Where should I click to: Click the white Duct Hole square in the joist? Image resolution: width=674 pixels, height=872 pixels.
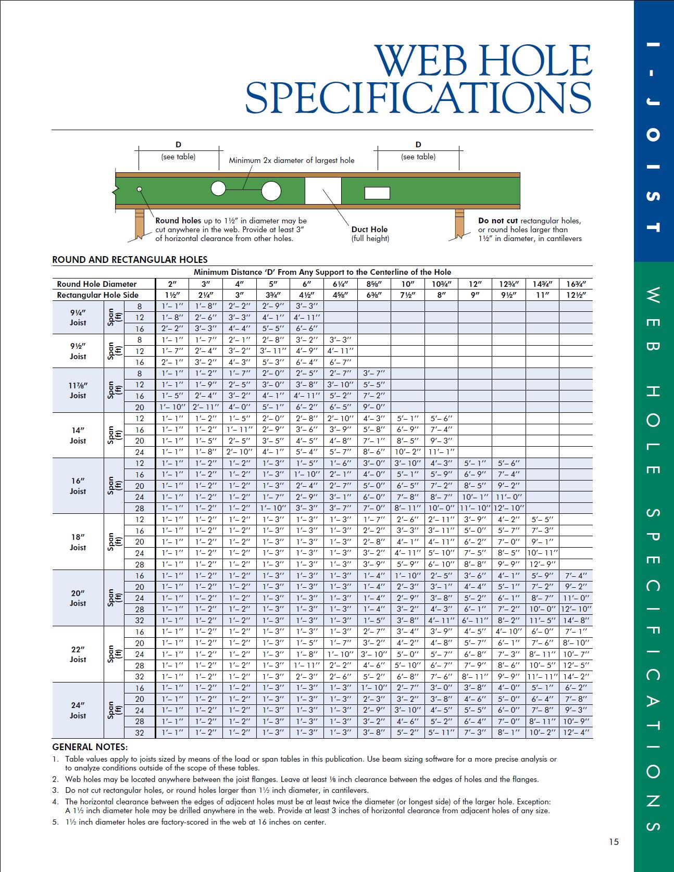pyautogui.click(x=323, y=191)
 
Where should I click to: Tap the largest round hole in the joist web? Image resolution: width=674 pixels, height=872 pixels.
pyautogui.click(x=271, y=191)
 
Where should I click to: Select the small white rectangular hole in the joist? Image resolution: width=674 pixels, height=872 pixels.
pyautogui.click(x=377, y=193)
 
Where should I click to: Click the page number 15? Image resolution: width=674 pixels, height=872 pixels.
pyautogui.click(x=614, y=842)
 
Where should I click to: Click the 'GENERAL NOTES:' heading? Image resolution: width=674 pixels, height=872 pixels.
pyautogui.click(x=90, y=747)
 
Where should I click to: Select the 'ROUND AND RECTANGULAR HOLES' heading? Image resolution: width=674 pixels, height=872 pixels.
pyautogui.click(x=130, y=260)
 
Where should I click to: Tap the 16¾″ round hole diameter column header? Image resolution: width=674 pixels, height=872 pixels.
pyautogui.click(x=576, y=284)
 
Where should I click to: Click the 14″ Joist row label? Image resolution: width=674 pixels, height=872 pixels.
pyautogui.click(x=78, y=435)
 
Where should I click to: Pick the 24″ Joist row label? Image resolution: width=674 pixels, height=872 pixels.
pyautogui.click(x=78, y=710)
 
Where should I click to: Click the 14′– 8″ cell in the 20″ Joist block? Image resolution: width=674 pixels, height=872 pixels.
pyautogui.click(x=576, y=621)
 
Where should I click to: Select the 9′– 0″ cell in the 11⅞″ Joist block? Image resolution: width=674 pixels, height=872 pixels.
pyautogui.click(x=374, y=407)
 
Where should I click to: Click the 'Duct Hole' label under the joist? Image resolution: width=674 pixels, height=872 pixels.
pyautogui.click(x=370, y=229)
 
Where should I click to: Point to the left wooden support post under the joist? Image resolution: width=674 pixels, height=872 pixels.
pyautogui.click(x=139, y=223)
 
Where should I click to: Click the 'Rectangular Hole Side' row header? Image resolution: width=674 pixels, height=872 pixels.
pyautogui.click(x=98, y=295)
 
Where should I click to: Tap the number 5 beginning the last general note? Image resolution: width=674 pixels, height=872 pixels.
pyautogui.click(x=55, y=822)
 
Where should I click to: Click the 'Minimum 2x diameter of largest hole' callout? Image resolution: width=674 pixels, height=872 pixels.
pyautogui.click(x=292, y=160)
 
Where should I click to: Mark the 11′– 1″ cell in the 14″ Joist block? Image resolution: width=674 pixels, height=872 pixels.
pyautogui.click(x=441, y=452)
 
